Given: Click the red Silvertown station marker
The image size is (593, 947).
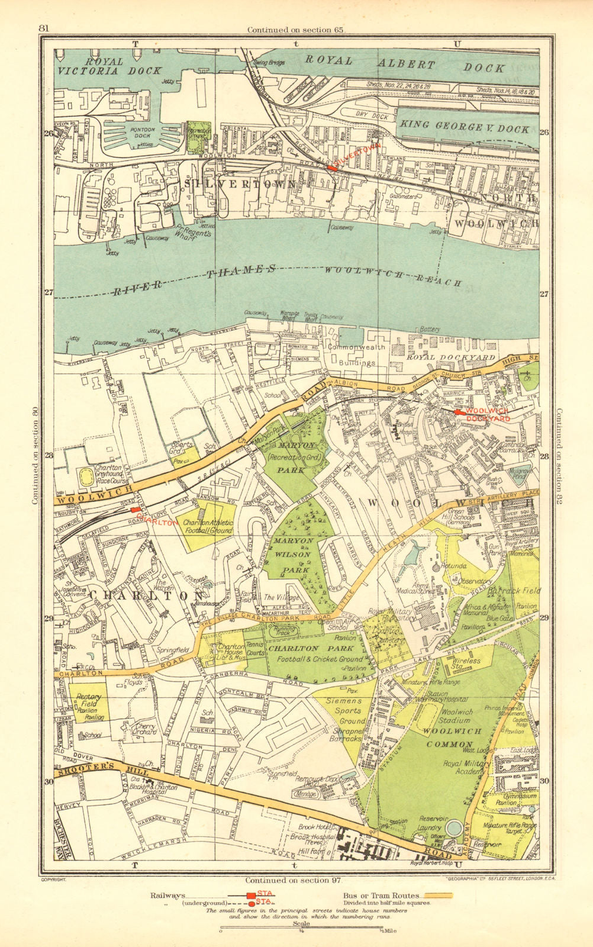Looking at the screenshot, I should (x=333, y=168).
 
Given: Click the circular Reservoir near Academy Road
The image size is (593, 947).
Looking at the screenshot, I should (x=455, y=827).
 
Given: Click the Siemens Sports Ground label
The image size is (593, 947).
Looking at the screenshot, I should (x=344, y=710).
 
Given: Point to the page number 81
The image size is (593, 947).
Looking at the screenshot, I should (x=43, y=28).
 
